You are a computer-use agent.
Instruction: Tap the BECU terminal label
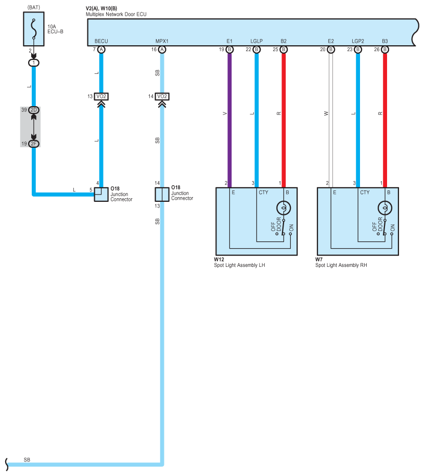(x=101, y=41)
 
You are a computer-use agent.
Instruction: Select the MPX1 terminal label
(x=162, y=41)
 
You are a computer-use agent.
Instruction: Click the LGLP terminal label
(x=256, y=41)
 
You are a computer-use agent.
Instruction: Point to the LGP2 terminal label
(x=357, y=41)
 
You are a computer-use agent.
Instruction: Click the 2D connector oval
(x=34, y=110)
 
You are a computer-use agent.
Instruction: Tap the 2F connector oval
(x=34, y=144)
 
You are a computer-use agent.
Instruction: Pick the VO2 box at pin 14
(x=162, y=96)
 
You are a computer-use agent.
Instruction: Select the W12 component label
(x=219, y=259)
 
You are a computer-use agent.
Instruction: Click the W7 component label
(x=318, y=259)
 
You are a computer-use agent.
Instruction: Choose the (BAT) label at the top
(x=34, y=8)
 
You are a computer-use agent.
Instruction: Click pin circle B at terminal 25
(x=284, y=49)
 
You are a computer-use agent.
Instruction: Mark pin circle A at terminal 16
(x=162, y=49)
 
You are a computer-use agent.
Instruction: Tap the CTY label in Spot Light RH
(x=365, y=192)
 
